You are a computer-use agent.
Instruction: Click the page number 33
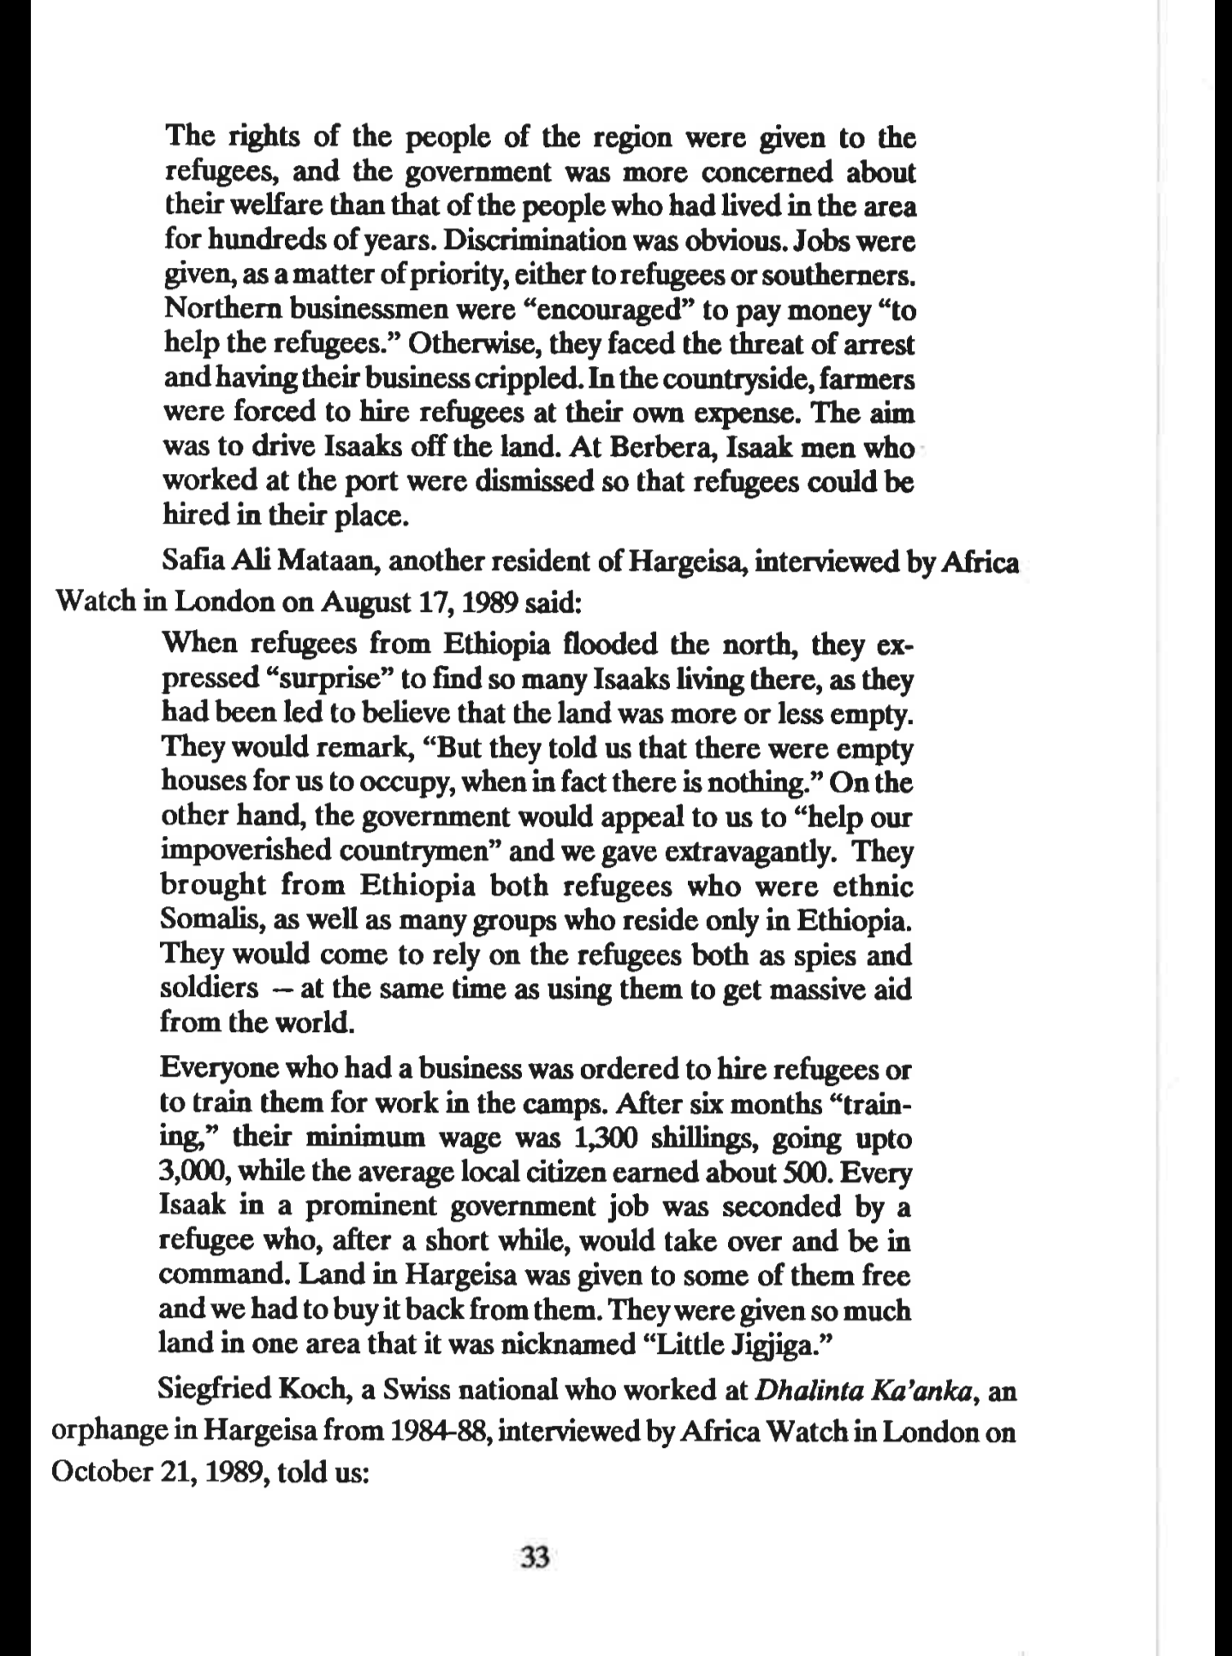coord(534,1558)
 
